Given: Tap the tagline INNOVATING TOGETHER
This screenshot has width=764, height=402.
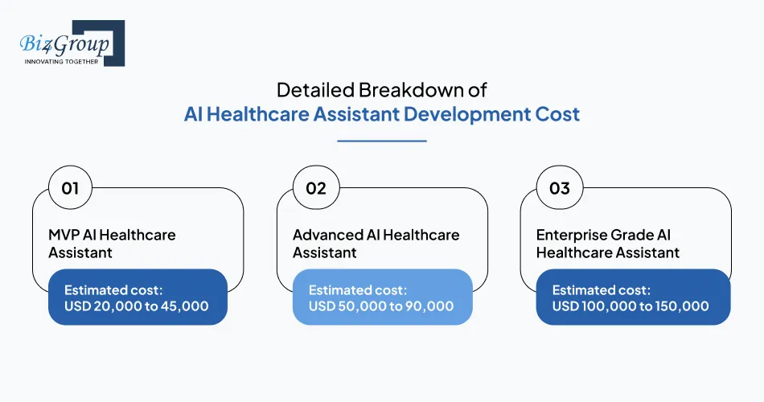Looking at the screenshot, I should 61,61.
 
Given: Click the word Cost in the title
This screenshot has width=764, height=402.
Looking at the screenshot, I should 557,114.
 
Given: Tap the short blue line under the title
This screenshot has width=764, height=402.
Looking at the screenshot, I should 381,141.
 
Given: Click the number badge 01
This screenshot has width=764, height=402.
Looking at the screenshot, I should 70,188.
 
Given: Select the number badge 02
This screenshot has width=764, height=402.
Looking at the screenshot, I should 315,188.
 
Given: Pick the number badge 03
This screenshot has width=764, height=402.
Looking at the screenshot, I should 559,188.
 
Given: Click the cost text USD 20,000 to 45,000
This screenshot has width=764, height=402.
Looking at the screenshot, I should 136,306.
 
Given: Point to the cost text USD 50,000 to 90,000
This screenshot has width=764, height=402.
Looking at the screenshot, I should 381,306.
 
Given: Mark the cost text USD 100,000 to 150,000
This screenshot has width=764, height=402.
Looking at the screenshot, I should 631,306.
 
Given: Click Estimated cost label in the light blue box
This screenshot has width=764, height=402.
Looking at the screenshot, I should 358,289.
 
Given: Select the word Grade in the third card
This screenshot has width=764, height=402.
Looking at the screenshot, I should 632,236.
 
